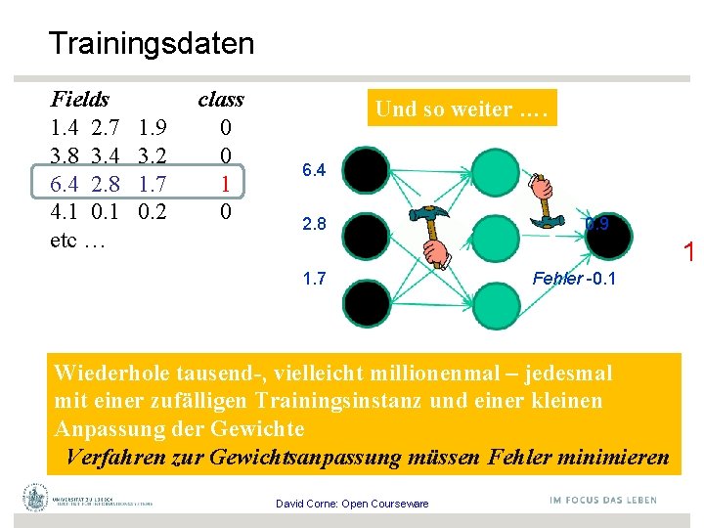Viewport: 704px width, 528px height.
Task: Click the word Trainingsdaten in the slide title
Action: tap(151, 43)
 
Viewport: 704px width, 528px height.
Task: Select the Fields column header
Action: tap(79, 99)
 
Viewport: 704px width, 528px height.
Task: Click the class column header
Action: tap(220, 99)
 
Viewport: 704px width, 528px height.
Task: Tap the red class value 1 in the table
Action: tap(225, 183)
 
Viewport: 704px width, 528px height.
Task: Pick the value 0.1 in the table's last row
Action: tap(105, 211)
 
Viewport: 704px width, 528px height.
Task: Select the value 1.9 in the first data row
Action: tap(152, 127)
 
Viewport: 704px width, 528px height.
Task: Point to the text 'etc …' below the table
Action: tap(76, 240)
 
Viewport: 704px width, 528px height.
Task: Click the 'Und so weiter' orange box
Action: tap(464, 109)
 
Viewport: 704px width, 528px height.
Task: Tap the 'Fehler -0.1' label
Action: tap(573, 279)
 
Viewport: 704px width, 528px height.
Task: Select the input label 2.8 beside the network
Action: tap(314, 225)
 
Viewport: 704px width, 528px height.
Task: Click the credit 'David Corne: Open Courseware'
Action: tap(352, 504)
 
